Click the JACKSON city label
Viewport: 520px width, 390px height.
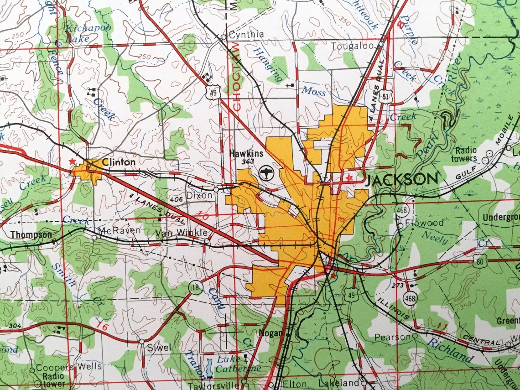tap(401, 180)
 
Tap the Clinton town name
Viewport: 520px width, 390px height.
tap(119, 162)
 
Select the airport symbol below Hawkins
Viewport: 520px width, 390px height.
tap(265, 173)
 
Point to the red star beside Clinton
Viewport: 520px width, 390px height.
tap(71, 161)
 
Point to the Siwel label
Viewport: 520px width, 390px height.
tap(159, 348)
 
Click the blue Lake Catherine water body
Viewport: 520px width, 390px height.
tap(209, 368)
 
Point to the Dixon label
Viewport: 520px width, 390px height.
tap(199, 195)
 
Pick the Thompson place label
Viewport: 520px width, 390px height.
tap(31, 234)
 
